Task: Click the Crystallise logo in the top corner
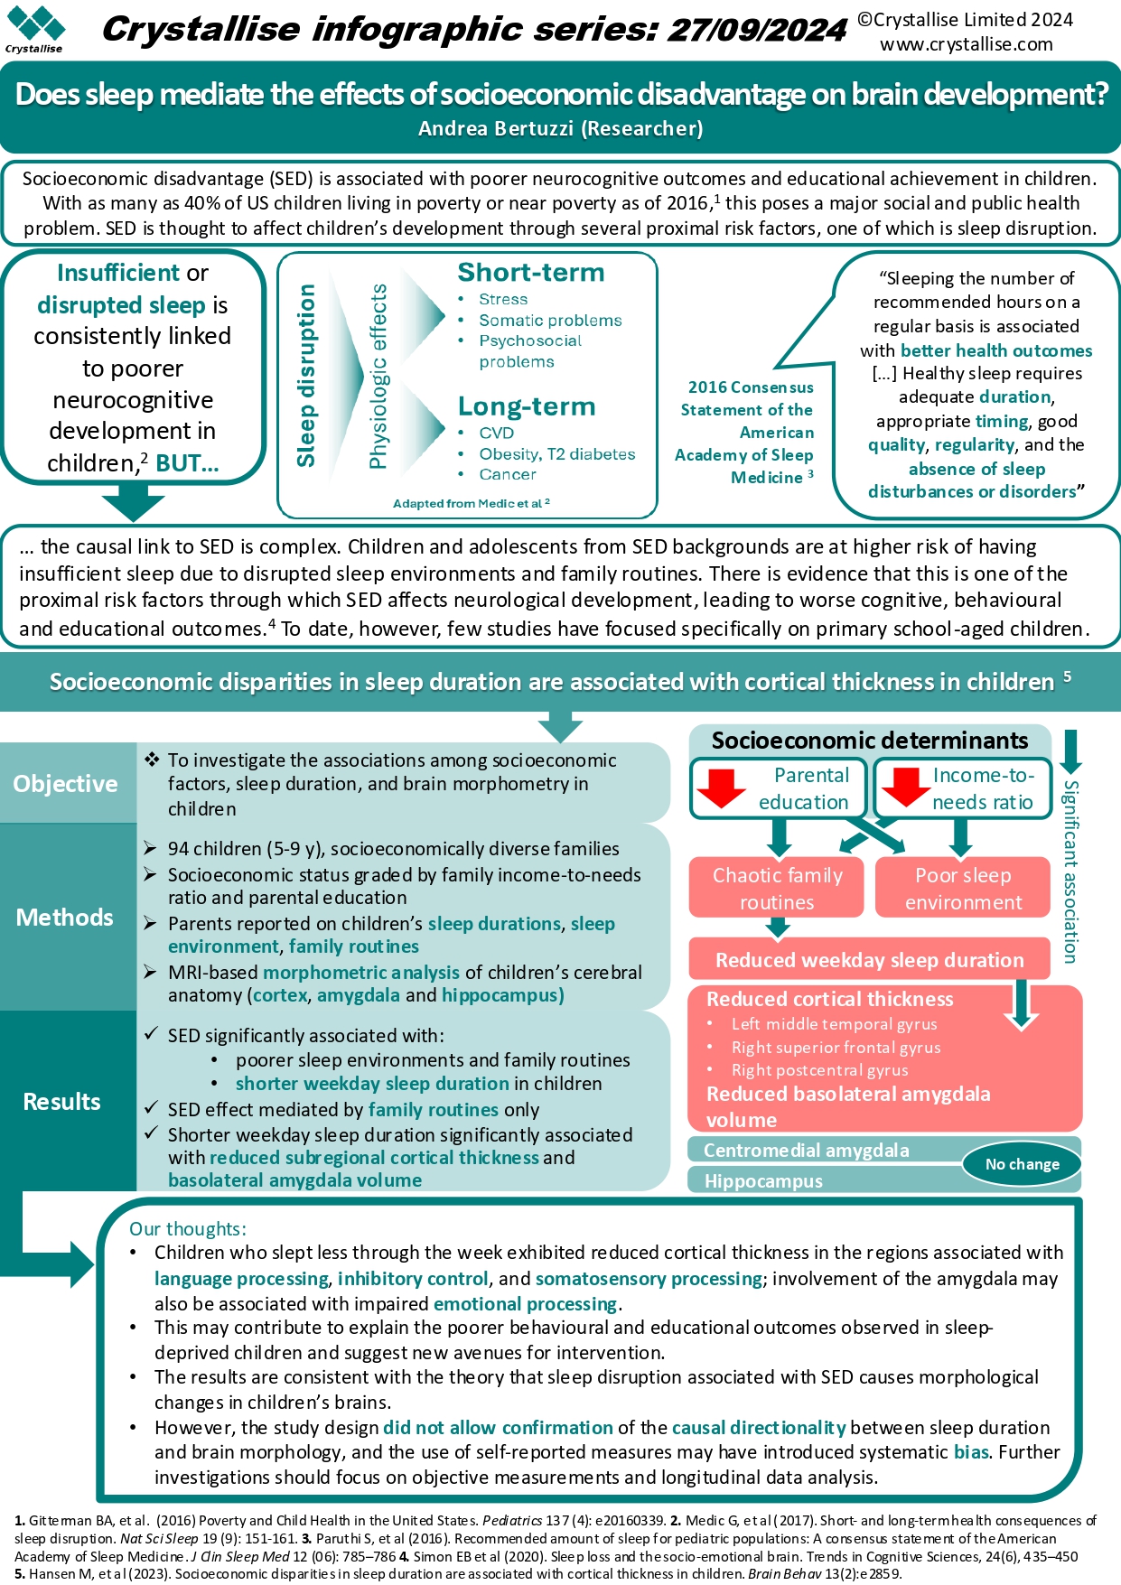[34, 29]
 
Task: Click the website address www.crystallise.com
[967, 44]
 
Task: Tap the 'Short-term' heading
[531, 272]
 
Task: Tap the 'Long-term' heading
[527, 406]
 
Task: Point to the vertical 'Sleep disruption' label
[306, 375]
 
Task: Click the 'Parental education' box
[779, 788]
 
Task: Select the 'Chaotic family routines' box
[777, 888]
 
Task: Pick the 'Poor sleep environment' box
[963, 888]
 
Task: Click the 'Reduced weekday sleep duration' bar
[870, 959]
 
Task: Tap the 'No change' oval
[1022, 1164]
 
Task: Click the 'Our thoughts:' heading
[188, 1228]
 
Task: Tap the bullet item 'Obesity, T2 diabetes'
[556, 453]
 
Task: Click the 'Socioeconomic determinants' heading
[870, 741]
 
